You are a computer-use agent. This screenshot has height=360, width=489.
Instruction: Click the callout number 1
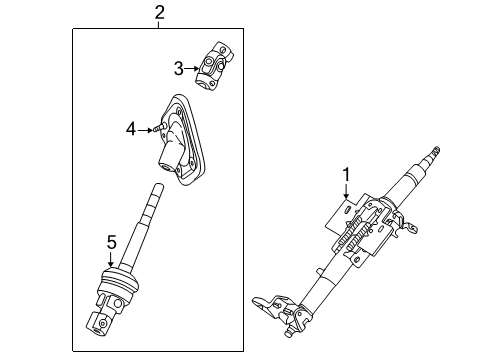[x=345, y=176]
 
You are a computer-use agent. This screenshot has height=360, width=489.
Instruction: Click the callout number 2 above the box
[x=158, y=12]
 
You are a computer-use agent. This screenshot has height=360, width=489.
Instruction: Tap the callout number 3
[x=178, y=68]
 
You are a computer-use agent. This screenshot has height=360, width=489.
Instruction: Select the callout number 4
[x=130, y=128]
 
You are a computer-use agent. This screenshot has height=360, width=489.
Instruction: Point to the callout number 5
[x=111, y=241]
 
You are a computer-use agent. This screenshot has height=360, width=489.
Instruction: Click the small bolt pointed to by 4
[x=158, y=128]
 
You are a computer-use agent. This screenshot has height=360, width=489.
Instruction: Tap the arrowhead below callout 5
[x=111, y=266]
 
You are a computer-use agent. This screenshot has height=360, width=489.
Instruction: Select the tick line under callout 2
[x=158, y=26]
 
